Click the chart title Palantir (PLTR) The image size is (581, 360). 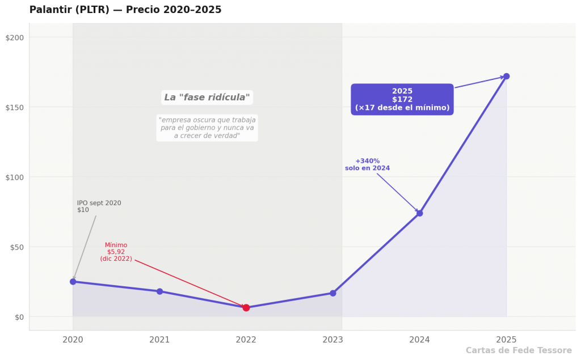coord(69,10)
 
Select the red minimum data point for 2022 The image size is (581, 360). coord(246,307)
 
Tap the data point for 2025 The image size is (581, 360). coord(506,77)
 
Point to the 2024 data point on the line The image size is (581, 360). coord(419,213)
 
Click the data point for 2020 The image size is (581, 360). coord(73,282)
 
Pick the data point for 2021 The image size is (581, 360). coord(159,291)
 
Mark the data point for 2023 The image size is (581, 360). coord(332,293)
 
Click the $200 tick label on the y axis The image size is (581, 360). coord(14,37)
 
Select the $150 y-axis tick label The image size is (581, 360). coord(14,107)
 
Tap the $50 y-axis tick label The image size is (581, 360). coord(16,247)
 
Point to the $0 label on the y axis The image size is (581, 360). coord(19,317)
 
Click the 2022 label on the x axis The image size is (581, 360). coord(246,340)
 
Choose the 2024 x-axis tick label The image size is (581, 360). coord(419,340)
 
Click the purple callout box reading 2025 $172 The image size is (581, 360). coord(402,99)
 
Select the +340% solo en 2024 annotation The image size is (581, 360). coord(367,164)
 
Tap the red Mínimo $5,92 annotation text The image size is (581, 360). coord(116,252)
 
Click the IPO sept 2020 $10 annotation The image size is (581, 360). coord(99,206)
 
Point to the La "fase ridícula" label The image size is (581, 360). coord(207,98)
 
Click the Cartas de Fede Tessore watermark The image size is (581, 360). coord(519,350)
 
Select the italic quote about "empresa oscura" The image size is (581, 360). coord(207,128)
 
